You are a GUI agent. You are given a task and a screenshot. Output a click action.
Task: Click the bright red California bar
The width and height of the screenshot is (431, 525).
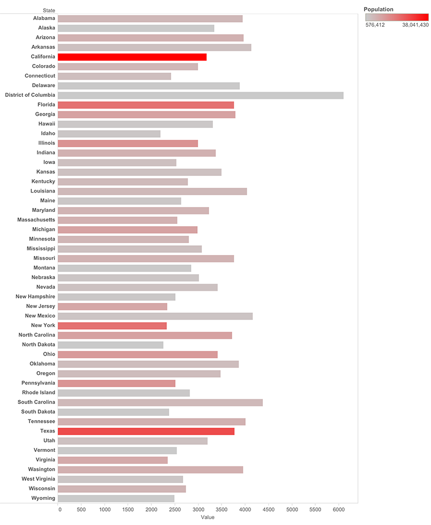coord(132,57)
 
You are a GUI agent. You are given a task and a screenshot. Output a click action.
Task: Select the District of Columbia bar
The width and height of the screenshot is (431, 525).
coord(200,95)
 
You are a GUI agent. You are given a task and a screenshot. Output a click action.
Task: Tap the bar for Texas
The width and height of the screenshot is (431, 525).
coord(146,431)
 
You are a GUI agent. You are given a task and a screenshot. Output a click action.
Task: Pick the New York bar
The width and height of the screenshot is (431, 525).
coord(112,326)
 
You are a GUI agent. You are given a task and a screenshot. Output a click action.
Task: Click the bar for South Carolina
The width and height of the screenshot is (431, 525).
coord(160,402)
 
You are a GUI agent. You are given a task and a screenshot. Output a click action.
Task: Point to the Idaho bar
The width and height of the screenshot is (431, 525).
coord(109,134)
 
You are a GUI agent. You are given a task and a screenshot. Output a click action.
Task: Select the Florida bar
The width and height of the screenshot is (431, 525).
coord(145,105)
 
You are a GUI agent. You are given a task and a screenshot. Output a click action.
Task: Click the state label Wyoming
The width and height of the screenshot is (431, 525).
coord(43,498)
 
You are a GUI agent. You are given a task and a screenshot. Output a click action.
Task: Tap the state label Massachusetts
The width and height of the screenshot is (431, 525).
coord(36,219)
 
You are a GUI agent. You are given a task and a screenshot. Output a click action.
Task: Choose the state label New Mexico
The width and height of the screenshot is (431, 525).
coord(40,316)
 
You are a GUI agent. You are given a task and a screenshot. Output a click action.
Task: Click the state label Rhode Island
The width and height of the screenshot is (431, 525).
coord(39,393)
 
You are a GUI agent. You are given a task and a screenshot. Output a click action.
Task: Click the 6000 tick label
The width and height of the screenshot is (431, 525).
coord(338,509)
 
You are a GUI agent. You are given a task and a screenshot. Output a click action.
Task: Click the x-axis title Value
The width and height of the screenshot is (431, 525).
coord(207,517)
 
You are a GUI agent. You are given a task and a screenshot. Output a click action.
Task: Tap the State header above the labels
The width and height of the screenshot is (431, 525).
coord(49,10)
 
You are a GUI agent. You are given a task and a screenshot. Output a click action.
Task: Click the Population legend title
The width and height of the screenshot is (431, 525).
coord(379,9)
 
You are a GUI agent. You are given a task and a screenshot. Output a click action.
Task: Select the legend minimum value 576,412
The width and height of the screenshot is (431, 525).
coord(375,25)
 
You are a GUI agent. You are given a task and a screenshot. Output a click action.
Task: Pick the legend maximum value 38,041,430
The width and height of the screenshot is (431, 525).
coord(415,25)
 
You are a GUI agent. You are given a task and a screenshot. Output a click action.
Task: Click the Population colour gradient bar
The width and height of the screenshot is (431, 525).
coord(397,17)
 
